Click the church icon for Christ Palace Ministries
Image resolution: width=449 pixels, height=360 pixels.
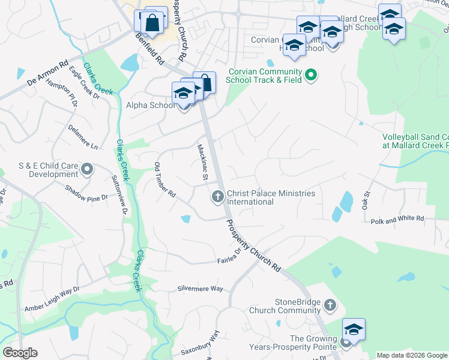click(217, 196)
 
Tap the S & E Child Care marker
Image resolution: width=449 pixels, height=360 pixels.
click(87, 170)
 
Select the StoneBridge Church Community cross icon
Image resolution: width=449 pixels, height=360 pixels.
click(329, 306)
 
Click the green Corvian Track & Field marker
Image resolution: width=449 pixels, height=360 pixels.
click(311, 76)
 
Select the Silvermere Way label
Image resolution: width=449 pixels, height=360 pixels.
click(200, 289)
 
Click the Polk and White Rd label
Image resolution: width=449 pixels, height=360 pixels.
click(397, 220)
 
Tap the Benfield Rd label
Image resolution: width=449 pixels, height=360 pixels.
click(149, 49)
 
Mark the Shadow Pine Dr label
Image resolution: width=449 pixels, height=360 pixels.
click(88, 193)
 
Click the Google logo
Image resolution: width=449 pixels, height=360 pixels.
click(20, 353)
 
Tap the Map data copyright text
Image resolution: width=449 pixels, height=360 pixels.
click(412, 355)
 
